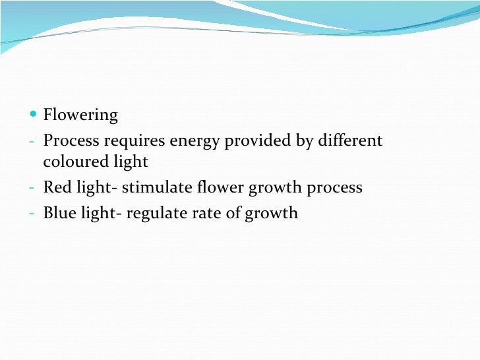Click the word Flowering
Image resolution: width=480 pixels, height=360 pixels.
[80, 116]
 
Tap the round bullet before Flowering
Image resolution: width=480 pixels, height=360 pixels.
[34, 115]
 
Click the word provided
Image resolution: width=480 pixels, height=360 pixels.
[255, 141]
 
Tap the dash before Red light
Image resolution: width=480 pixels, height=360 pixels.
[32, 189]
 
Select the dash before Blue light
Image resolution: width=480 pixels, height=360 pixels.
[32, 214]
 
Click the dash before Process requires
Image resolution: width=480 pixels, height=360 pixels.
[32, 142]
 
